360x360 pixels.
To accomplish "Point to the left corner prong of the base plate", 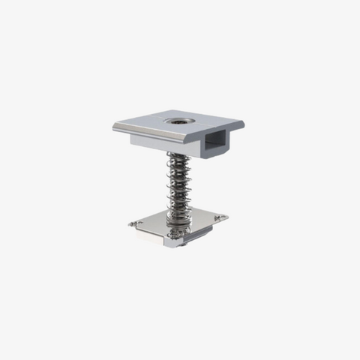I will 132,223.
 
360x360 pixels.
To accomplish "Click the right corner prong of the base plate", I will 223,217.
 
